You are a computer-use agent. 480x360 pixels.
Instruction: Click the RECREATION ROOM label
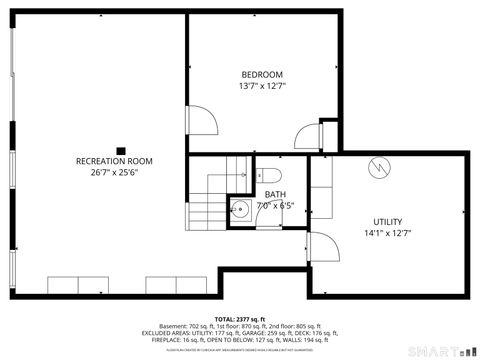coord(114,161)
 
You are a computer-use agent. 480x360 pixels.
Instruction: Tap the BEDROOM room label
coord(262,75)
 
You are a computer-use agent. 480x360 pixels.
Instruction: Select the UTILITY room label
coord(387,222)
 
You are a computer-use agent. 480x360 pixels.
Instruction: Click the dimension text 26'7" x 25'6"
coord(114,172)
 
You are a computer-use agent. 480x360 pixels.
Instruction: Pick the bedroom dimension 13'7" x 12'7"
coord(262,86)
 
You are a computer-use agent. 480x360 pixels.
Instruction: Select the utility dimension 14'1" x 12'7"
coord(387,233)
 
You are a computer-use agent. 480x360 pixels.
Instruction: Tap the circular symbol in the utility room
coord(379,168)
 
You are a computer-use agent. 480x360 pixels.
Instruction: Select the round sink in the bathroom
coord(240,210)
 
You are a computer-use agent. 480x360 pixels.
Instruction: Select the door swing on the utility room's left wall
coord(322,247)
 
